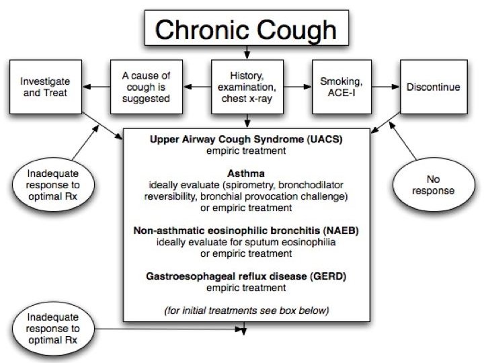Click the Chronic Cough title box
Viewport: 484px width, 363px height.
(247, 30)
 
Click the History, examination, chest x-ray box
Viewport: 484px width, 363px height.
(247, 88)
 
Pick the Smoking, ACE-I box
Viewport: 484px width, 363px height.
(342, 88)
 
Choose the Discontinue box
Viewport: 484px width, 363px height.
(433, 88)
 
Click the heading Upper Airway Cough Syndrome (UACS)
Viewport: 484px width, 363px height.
(247, 139)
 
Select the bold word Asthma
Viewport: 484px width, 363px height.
(246, 171)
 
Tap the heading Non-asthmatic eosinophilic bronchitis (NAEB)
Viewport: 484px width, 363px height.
(247, 231)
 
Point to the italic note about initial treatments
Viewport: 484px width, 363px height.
(247, 310)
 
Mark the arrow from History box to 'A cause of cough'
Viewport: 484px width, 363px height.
(198, 86)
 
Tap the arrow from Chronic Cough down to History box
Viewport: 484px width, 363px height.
(247, 52)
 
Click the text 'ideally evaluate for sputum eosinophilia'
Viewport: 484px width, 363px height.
(247, 242)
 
